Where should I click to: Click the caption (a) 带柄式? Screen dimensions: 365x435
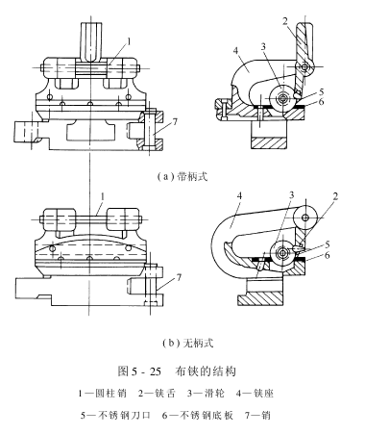coord(182,176)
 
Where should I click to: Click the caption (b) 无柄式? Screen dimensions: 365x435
coord(187,343)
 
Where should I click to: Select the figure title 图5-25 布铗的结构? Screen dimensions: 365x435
coord(177,371)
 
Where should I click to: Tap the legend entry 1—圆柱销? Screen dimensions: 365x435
coord(103,393)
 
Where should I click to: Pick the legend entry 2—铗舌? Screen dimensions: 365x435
coord(158,393)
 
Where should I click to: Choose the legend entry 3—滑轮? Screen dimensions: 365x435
coord(206,393)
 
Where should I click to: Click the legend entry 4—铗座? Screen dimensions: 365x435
coord(255,393)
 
